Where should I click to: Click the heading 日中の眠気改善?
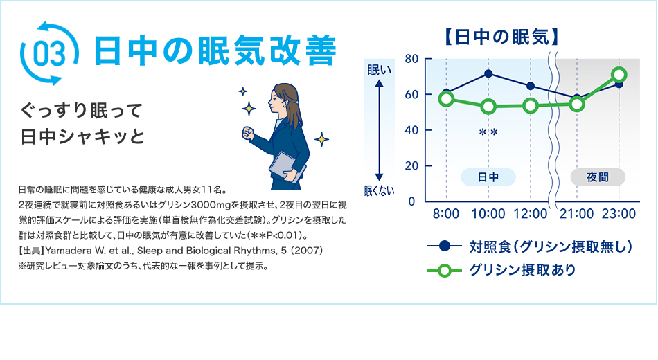(x=215, y=52)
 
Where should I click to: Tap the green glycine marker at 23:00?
(x=619, y=75)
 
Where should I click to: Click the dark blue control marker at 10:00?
(x=488, y=74)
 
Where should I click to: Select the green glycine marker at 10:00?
(x=488, y=107)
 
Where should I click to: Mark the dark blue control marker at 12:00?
(x=531, y=86)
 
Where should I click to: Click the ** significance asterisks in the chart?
(x=488, y=132)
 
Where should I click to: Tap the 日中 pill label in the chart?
(x=488, y=177)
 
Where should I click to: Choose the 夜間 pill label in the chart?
(x=597, y=177)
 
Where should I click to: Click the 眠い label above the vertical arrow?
(x=379, y=69)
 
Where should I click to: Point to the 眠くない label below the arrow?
(x=379, y=191)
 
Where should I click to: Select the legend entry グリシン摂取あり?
(x=522, y=270)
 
